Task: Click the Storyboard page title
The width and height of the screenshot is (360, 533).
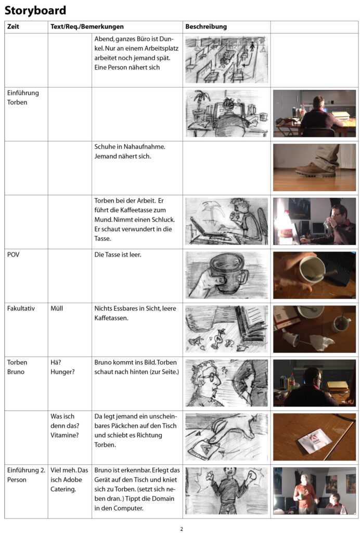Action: (35, 10)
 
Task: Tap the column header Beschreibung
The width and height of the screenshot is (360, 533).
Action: (206, 27)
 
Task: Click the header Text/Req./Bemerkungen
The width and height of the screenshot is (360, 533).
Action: (87, 27)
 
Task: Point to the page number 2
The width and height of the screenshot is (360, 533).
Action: (182, 529)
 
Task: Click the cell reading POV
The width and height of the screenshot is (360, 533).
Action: (14, 255)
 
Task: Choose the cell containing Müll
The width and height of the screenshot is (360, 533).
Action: (58, 309)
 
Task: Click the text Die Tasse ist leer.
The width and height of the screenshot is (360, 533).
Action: (118, 255)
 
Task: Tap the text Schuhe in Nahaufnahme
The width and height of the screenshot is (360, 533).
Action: (130, 147)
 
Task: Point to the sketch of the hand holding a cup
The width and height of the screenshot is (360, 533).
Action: (226, 275)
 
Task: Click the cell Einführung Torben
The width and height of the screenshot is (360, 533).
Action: (23, 98)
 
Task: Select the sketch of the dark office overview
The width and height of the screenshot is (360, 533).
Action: (226, 59)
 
